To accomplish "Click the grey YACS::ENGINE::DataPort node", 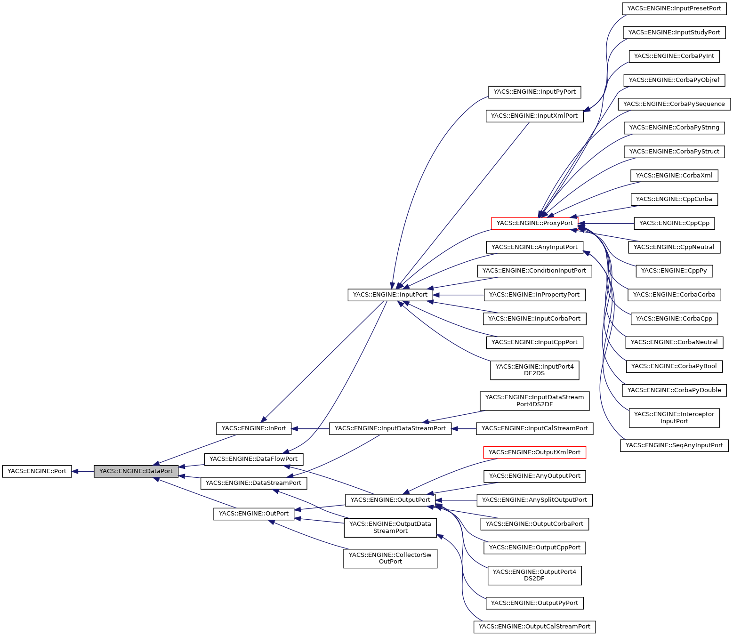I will tap(136, 471).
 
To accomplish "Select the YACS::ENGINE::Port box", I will tap(37, 471).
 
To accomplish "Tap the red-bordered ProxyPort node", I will tap(534, 223).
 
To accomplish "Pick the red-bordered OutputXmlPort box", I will tap(534, 452).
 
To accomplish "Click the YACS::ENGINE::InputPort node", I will tap(390, 295).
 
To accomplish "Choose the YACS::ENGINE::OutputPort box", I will tap(390, 500).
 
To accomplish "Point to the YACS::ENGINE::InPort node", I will tap(254, 428).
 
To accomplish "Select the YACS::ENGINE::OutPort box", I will tap(254, 514).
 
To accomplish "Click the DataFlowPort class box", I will tap(253, 459).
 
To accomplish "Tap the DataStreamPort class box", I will tap(253, 483).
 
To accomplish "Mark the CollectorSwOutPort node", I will tap(390, 558).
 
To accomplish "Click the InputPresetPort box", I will tap(674, 8).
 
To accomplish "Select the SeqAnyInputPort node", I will tap(674, 445).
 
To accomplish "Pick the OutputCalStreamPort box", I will tap(534, 627).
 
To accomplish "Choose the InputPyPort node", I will tap(534, 92).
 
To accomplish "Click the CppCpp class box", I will tap(674, 223).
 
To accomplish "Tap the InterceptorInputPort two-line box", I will tap(674, 418).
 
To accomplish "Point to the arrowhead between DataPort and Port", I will tap(75, 471).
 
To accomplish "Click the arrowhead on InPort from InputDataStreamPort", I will tap(295, 428).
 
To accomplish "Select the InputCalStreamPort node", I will tap(534, 428).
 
